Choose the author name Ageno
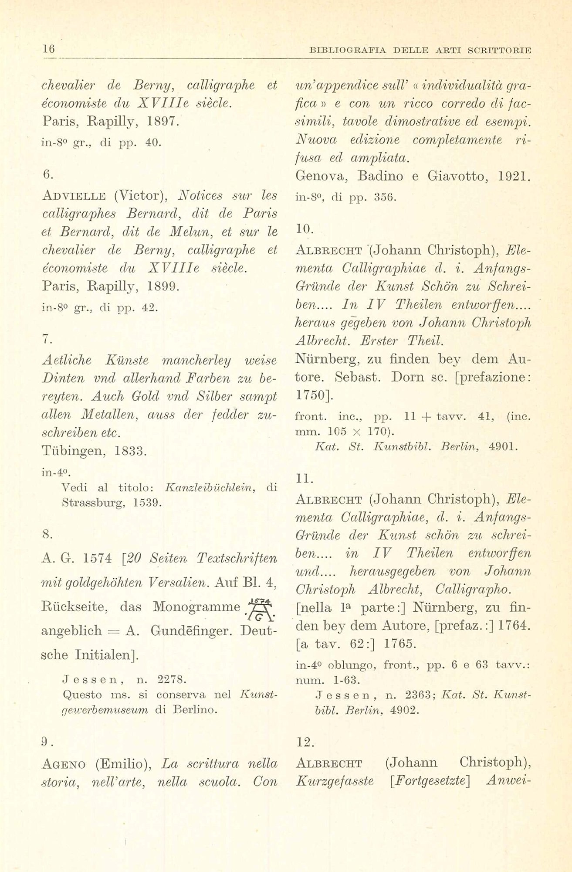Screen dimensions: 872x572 (x=67, y=764)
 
